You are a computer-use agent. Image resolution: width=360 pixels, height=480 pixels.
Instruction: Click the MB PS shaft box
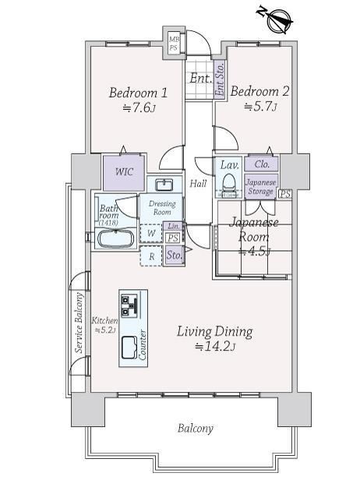pyautogui.click(x=175, y=44)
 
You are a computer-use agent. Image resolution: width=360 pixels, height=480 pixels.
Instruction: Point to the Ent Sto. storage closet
pyautogui.click(x=220, y=79)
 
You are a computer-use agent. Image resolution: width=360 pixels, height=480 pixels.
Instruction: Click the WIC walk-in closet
pyautogui.click(x=124, y=173)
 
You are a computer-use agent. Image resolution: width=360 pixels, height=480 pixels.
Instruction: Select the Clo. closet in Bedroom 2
pyautogui.click(x=262, y=164)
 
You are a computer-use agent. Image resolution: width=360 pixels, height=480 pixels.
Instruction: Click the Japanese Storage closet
pyautogui.click(x=261, y=187)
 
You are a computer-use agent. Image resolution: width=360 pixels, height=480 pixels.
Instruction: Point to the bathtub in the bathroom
pyautogui.click(x=115, y=238)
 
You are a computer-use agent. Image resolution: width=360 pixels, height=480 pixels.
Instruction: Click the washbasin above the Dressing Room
pyautogui.click(x=164, y=185)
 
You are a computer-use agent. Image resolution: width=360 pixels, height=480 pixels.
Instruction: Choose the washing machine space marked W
pyautogui.click(x=151, y=234)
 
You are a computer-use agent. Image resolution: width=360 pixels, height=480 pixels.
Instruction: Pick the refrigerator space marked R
pyautogui.click(x=151, y=256)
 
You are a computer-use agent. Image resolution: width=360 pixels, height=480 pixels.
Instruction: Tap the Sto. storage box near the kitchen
pyautogui.click(x=174, y=255)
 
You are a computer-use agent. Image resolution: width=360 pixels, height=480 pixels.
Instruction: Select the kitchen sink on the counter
pyautogui.click(x=129, y=348)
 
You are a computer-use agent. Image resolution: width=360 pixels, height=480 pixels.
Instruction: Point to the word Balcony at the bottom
pyautogui.click(x=196, y=428)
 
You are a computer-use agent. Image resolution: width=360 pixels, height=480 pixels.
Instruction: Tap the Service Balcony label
pyautogui.click(x=79, y=323)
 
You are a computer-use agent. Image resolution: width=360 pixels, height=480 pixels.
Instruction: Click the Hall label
pyautogui.click(x=198, y=183)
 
